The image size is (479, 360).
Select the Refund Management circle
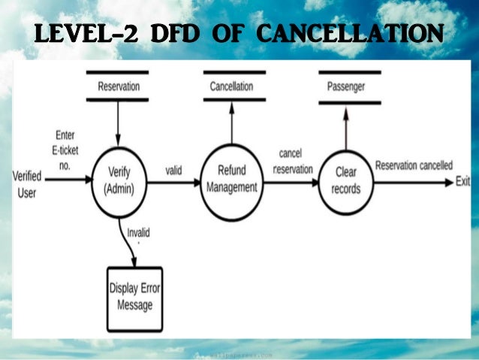click(231, 180)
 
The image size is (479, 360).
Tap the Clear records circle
click(345, 180)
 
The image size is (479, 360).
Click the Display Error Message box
click(135, 296)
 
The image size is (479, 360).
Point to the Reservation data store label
click(119, 86)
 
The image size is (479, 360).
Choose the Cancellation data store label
click(231, 86)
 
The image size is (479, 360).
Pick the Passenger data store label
click(346, 86)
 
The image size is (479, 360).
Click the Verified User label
click(27, 183)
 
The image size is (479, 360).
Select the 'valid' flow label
click(174, 170)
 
